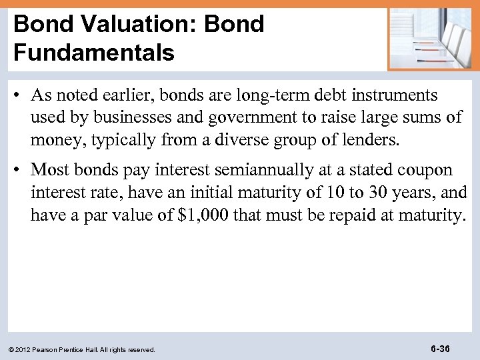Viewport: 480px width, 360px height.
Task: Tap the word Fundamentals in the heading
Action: (94, 51)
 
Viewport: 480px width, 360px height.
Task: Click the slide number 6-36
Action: (440, 349)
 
